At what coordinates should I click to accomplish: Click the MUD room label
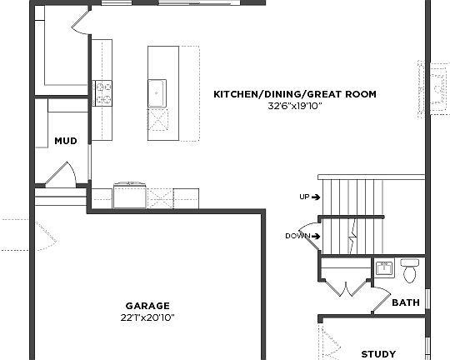66,141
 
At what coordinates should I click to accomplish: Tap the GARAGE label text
147,306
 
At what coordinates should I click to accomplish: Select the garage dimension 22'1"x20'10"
147,317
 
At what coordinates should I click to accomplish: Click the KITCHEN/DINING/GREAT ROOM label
295,95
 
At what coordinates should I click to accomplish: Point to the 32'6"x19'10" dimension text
295,107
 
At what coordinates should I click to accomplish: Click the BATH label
406,303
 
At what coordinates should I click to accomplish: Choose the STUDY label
378,354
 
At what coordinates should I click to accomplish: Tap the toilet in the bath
409,271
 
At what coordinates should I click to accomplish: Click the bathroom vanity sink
383,269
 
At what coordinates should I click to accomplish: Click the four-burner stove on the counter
102,92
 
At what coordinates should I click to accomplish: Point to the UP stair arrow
316,197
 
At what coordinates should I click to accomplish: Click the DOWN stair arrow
317,236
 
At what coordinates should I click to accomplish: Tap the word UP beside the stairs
304,197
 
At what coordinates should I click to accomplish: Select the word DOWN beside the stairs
297,236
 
